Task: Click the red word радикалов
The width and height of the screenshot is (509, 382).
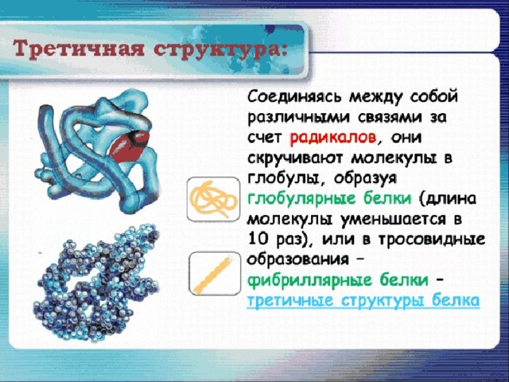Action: coord(332,138)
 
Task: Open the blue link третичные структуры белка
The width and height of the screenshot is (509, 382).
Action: coord(363,301)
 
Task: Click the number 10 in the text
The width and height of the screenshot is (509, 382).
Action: coord(258,240)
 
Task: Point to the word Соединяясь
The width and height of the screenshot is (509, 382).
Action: coord(295,97)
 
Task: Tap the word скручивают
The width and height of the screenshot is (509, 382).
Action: coord(295,158)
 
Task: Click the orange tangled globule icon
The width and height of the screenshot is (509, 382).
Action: coord(213,199)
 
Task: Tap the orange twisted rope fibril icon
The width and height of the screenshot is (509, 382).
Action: coord(214,274)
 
